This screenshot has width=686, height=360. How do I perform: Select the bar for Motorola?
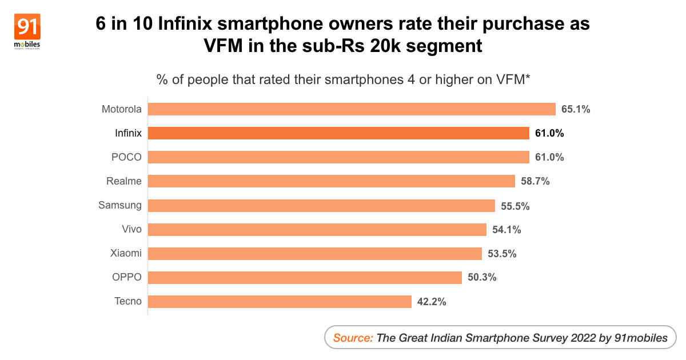[352, 109]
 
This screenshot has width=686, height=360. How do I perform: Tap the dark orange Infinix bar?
[338, 133]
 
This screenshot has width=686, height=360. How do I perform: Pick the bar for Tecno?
[280, 301]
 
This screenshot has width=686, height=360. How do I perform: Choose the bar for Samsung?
[321, 206]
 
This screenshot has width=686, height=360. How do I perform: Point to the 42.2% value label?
[431, 301]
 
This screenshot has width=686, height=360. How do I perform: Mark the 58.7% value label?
[535, 181]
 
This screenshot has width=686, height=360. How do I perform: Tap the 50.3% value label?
[481, 277]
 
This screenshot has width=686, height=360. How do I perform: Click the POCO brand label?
[127, 157]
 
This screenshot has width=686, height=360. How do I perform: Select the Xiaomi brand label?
[126, 253]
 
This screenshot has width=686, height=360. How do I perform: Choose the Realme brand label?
[124, 181]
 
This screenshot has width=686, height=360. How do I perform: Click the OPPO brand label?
[127, 277]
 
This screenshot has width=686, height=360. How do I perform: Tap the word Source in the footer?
[352, 338]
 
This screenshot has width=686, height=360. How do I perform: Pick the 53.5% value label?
[501, 253]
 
